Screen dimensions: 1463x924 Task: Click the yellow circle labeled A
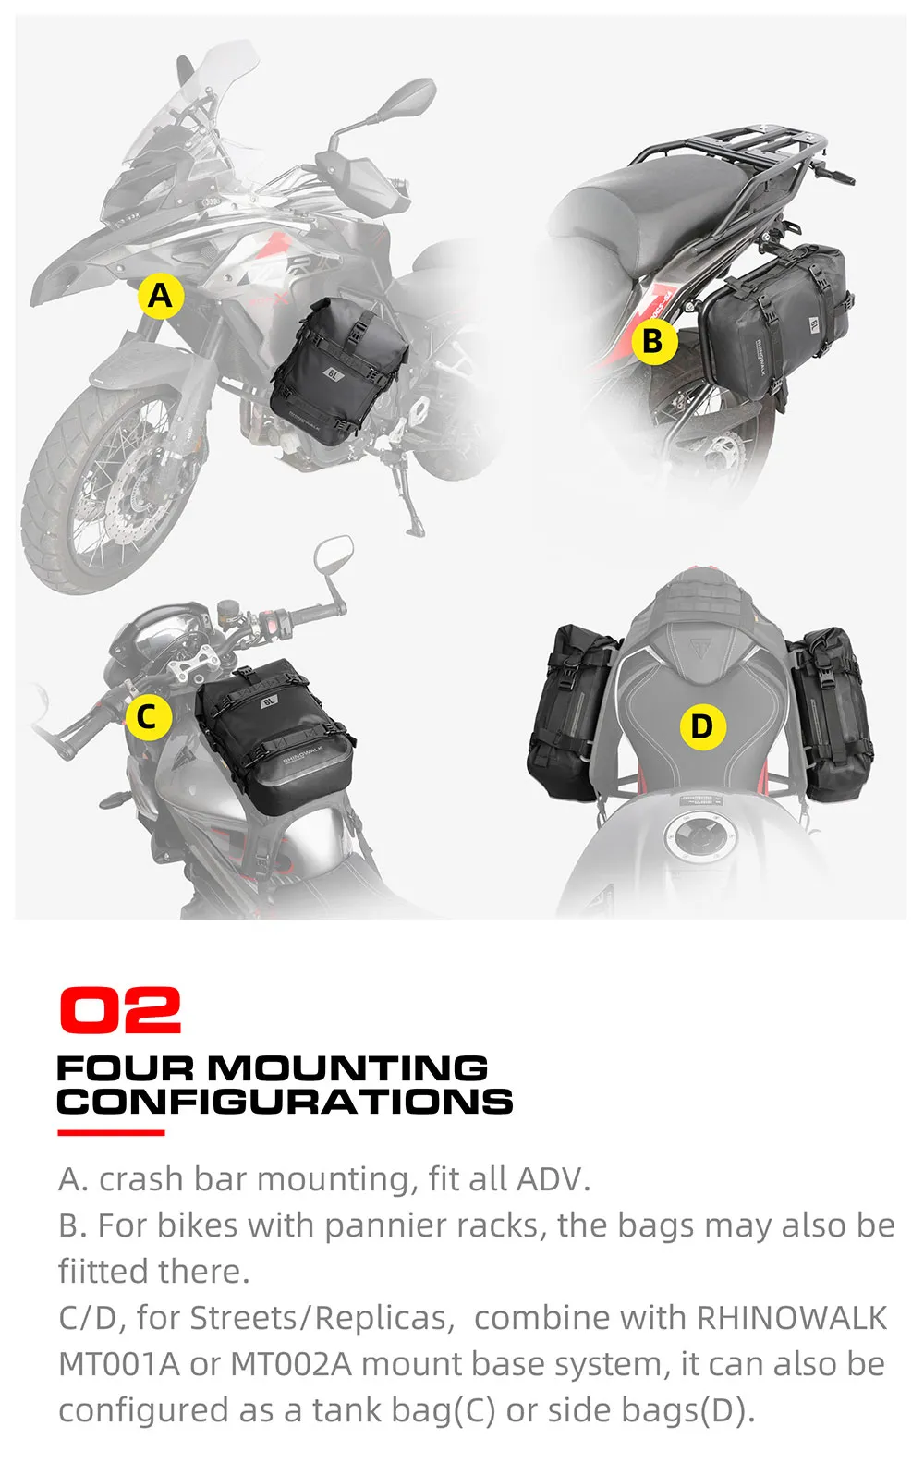160,296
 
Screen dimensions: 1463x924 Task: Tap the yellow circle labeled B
654,341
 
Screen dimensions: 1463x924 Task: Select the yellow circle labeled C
148,717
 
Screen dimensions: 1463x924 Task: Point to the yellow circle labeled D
702,726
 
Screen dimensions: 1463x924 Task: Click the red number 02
120,1010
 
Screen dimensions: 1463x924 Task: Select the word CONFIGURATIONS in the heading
285,1102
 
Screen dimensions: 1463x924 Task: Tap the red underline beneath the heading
111,1132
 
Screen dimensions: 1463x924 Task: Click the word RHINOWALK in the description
791,1318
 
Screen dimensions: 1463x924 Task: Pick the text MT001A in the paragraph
118,1364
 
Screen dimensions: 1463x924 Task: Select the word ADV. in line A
553,1179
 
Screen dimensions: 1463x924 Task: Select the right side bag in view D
833,712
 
